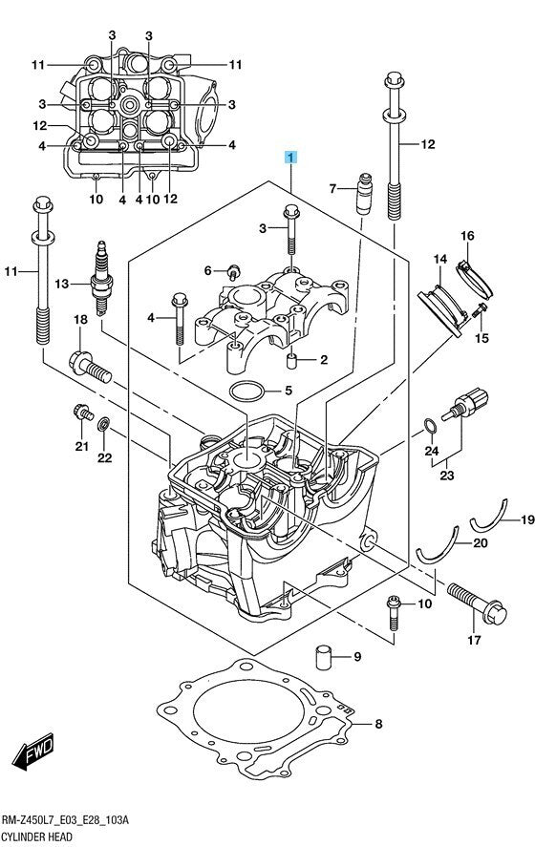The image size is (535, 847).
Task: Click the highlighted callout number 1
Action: coord(290,158)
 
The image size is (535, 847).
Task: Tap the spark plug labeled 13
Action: coord(100,279)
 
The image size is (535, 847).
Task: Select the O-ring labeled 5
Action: coord(247,391)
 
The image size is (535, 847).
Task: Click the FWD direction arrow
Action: coord(33,751)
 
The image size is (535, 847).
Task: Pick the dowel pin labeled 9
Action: coord(323,657)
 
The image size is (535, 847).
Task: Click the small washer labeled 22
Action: coord(103,425)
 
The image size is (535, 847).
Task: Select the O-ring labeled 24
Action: coord(430,426)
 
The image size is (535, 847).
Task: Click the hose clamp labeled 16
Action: coord(475,279)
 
